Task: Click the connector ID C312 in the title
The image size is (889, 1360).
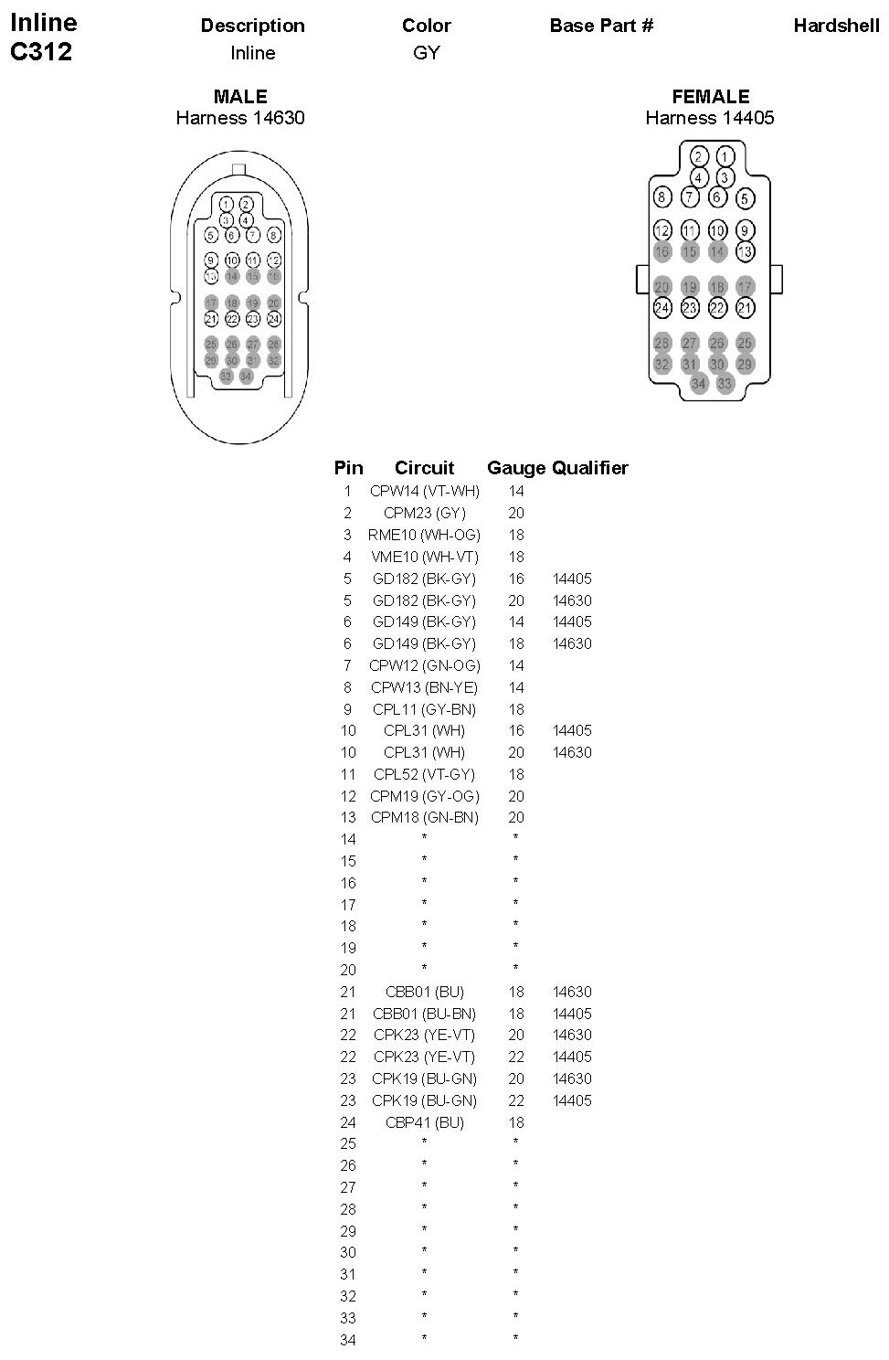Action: pyautogui.click(x=41, y=52)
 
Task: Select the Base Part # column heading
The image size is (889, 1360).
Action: pyautogui.click(x=601, y=26)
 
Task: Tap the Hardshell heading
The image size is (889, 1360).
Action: pyautogui.click(x=836, y=26)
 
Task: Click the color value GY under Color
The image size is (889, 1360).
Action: pyautogui.click(x=427, y=53)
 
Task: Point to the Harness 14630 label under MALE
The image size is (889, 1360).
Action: pyautogui.click(x=240, y=118)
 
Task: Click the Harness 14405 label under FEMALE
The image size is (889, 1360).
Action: pyautogui.click(x=710, y=118)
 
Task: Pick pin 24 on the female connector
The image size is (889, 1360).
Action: pyautogui.click(x=662, y=308)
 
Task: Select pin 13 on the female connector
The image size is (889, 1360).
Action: pyautogui.click(x=746, y=251)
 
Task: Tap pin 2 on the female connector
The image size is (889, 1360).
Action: pyautogui.click(x=699, y=155)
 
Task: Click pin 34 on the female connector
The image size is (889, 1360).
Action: pyautogui.click(x=699, y=384)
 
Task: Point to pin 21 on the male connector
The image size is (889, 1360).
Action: pyautogui.click(x=211, y=319)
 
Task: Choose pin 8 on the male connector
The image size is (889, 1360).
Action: pyautogui.click(x=273, y=235)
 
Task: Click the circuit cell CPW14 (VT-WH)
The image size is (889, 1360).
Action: pyautogui.click(x=425, y=492)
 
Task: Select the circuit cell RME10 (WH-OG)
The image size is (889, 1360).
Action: pyautogui.click(x=424, y=535)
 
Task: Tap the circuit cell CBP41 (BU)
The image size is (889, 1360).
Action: pyautogui.click(x=425, y=1122)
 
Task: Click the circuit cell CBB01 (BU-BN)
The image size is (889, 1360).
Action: pyautogui.click(x=425, y=1014)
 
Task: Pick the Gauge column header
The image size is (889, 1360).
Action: pyautogui.click(x=516, y=468)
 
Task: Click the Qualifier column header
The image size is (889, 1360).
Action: pyautogui.click(x=590, y=468)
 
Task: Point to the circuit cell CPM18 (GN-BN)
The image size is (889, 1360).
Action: pyautogui.click(x=425, y=818)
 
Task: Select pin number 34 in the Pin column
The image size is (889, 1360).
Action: pyautogui.click(x=347, y=1340)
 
